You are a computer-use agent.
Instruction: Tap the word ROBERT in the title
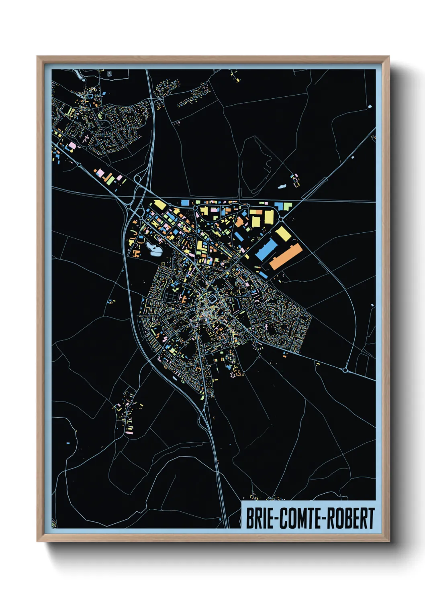(351, 519)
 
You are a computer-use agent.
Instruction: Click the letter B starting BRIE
(249, 519)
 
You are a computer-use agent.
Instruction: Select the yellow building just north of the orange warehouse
(283, 234)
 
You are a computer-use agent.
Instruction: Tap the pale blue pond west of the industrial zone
(154, 248)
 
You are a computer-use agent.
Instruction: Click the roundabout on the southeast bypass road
(345, 370)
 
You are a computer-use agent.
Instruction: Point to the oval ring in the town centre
(212, 299)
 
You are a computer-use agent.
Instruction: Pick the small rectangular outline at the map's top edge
(110, 73)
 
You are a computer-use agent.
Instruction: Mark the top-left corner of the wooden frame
(37, 57)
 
